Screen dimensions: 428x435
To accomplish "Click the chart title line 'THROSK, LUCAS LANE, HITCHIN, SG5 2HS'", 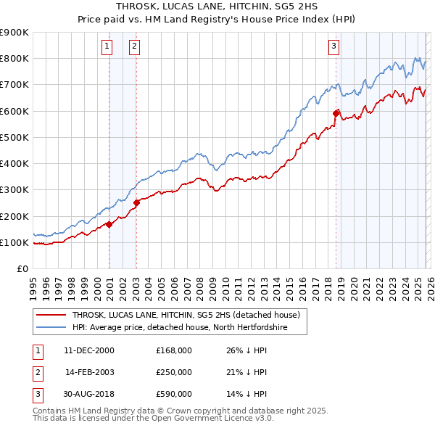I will (217, 7).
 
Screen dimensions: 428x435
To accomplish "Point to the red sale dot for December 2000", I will (109, 224).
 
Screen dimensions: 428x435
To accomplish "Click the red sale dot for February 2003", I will (137, 202).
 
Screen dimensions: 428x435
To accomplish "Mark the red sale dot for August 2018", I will (336, 113).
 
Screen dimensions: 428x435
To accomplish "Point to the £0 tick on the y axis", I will (21, 268).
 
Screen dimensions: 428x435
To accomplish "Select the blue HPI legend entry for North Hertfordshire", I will (180, 328).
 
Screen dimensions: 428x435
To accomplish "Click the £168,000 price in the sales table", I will (174, 350).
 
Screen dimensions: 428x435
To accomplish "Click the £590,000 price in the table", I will (174, 394).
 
